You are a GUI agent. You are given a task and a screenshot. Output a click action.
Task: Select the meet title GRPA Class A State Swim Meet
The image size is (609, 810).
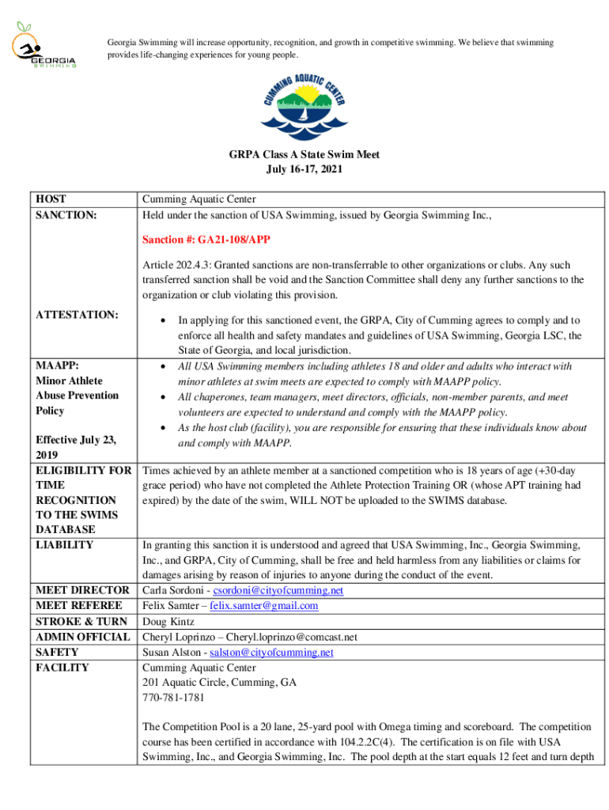[304, 154]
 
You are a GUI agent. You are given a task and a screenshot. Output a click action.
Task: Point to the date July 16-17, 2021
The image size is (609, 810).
[304, 169]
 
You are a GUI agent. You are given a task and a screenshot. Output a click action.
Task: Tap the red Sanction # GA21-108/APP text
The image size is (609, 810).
[210, 239]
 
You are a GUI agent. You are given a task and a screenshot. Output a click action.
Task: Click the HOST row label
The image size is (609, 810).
[51, 199]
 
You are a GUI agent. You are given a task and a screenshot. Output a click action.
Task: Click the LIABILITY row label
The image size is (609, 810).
[65, 545]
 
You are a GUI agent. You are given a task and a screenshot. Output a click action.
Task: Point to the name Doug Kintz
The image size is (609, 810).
[168, 622]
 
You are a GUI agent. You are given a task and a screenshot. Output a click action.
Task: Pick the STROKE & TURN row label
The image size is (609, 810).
[81, 622]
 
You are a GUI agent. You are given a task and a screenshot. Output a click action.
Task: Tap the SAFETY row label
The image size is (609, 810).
[58, 653]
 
